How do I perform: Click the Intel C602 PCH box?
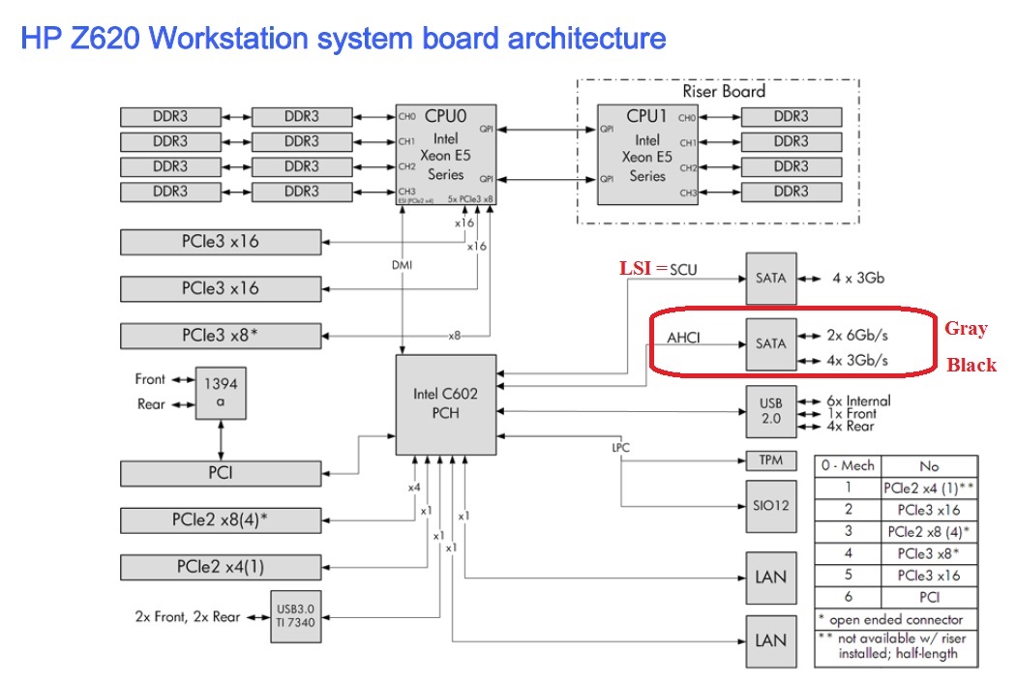pyautogui.click(x=446, y=404)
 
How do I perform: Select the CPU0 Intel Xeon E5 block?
pyautogui.click(x=445, y=154)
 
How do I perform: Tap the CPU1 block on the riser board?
pyautogui.click(x=646, y=154)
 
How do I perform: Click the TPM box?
pyautogui.click(x=771, y=460)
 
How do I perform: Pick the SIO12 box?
pyautogui.click(x=771, y=506)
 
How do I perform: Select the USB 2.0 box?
pyautogui.click(x=771, y=410)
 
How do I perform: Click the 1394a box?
pyautogui.click(x=220, y=393)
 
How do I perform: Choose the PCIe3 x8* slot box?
pyautogui.click(x=221, y=336)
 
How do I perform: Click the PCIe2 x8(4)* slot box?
pyautogui.click(x=221, y=519)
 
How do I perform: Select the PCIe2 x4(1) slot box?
pyautogui.click(x=221, y=566)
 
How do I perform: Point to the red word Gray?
pyautogui.click(x=966, y=329)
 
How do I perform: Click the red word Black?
pyautogui.click(x=971, y=365)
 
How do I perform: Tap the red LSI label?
pyautogui.click(x=636, y=268)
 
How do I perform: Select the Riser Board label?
pyautogui.click(x=724, y=91)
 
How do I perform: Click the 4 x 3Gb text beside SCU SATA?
pyautogui.click(x=857, y=278)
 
